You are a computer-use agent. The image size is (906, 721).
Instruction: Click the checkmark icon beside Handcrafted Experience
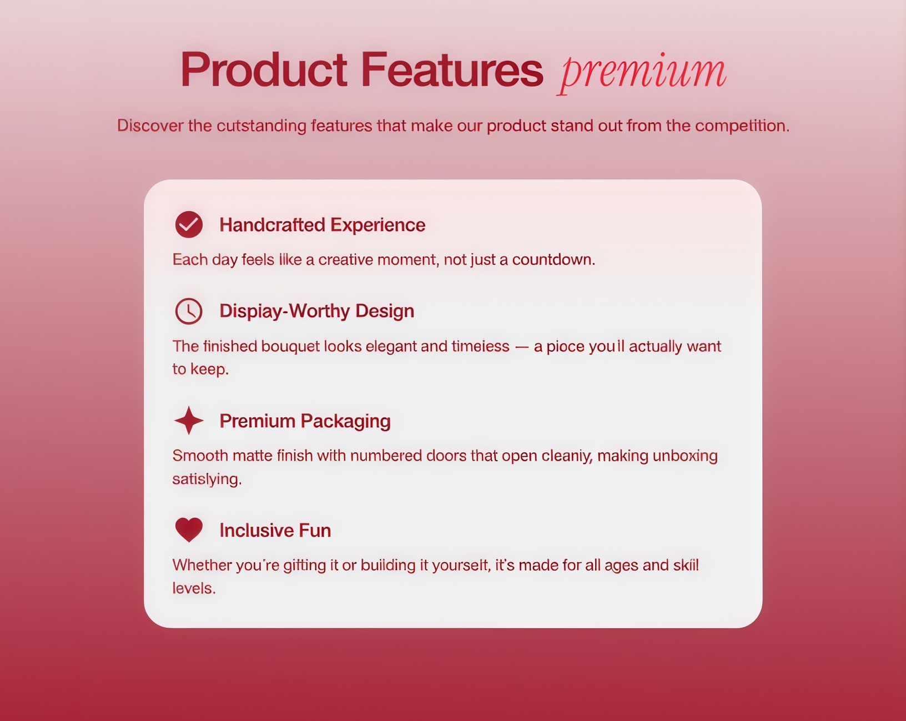point(189,224)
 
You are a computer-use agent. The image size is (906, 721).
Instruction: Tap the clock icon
point(189,311)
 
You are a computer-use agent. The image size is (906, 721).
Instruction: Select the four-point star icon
point(189,420)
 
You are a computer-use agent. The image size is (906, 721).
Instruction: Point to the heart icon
point(189,530)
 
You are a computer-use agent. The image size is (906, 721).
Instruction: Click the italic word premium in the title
point(642,72)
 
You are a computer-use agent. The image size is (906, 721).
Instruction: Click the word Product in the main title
point(264,69)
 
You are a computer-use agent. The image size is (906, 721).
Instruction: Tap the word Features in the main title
point(452,69)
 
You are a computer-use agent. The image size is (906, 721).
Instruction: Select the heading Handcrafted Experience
point(322,225)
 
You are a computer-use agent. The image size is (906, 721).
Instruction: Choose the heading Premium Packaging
point(305,421)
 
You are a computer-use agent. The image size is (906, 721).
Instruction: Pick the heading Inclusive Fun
point(275,530)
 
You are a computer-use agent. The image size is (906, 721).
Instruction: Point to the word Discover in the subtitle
point(150,125)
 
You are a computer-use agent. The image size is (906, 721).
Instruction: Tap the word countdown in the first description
point(553,260)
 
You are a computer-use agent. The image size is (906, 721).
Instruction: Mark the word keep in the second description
point(209,369)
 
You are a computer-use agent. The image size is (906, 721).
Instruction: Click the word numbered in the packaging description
point(386,456)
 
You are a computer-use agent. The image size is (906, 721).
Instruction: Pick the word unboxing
point(685,456)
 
